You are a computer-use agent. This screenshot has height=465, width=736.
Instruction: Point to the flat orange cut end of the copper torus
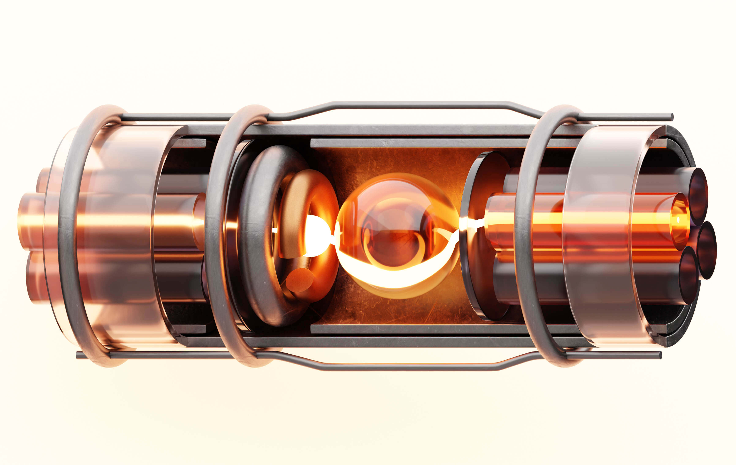pyautogui.click(x=300, y=280)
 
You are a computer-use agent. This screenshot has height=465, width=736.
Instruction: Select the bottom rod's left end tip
pyautogui.click(x=78, y=355)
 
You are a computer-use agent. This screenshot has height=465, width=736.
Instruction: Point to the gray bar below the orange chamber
pyautogui.click(x=413, y=329)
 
